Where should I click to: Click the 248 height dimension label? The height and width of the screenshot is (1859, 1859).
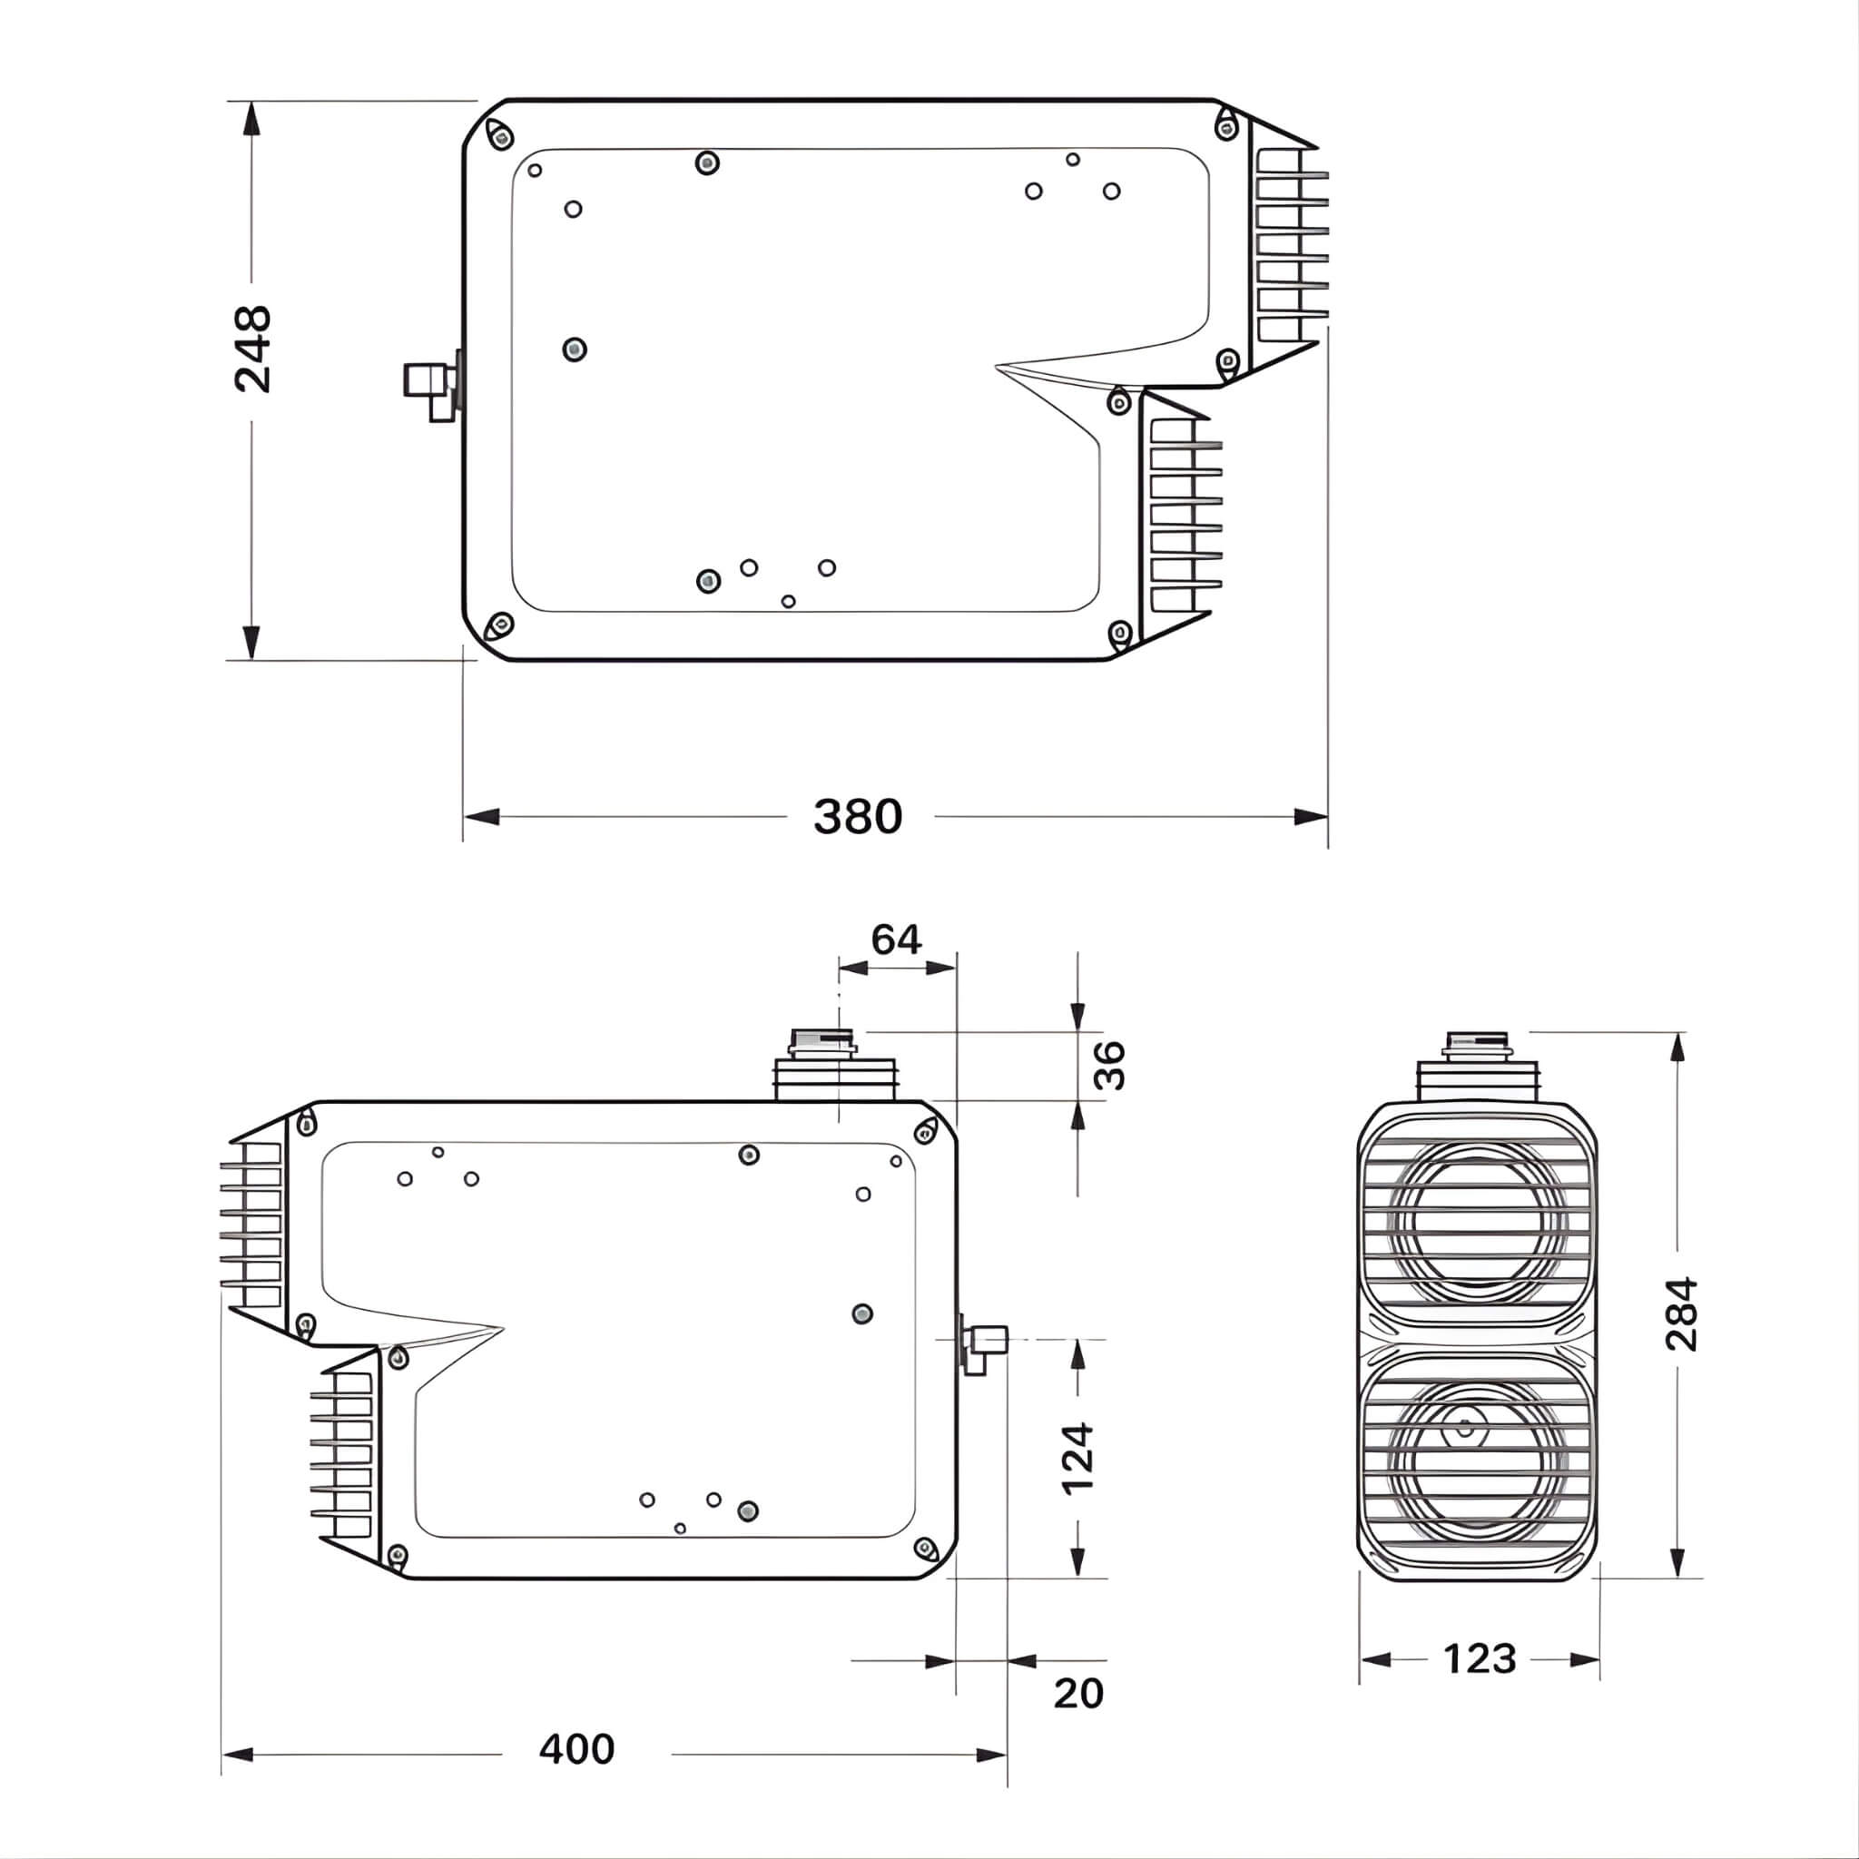252,349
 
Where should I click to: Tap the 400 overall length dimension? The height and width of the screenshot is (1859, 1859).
576,1748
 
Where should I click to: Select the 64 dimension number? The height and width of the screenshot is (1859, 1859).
896,939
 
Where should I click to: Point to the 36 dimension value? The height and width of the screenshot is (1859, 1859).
1109,1064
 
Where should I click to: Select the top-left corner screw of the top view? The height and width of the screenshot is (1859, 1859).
499,135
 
